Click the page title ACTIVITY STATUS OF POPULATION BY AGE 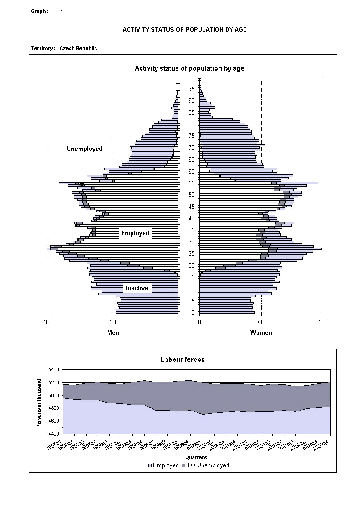(x=184, y=29)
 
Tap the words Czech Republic (x=78, y=48)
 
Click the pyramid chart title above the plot (x=189, y=68)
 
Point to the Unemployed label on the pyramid (x=85, y=149)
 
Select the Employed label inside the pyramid (x=135, y=233)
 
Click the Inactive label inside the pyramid (x=137, y=288)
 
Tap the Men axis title (x=113, y=332)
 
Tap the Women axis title (x=261, y=332)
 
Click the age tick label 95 (x=191, y=89)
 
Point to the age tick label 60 (x=191, y=171)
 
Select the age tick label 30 (x=191, y=242)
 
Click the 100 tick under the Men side (x=48, y=322)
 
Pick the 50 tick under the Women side (x=261, y=322)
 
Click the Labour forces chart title (x=182, y=360)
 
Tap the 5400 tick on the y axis (x=54, y=370)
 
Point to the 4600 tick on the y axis (x=54, y=421)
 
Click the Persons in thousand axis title (x=39, y=403)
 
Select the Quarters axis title (x=196, y=457)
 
